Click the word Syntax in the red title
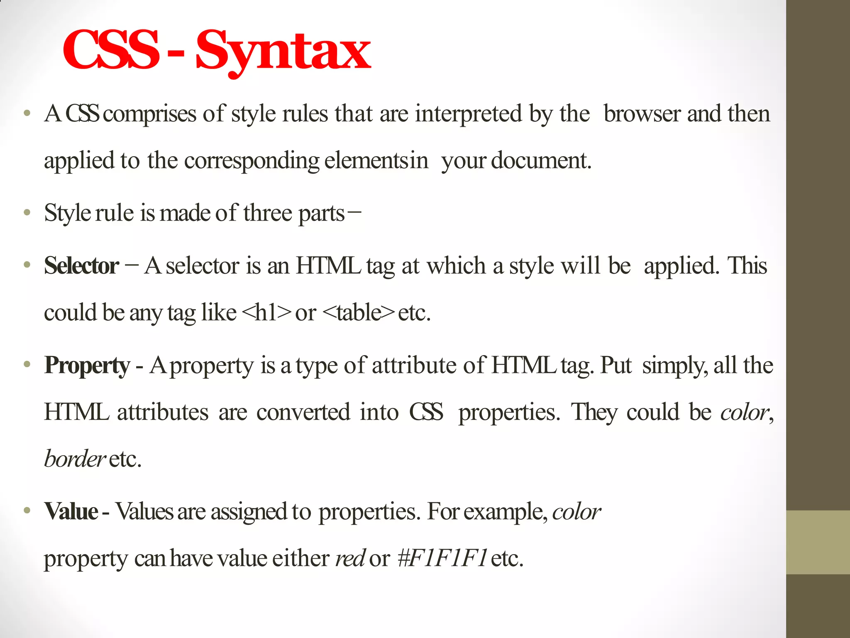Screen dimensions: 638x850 [x=283, y=52]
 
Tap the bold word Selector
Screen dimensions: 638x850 [x=81, y=266]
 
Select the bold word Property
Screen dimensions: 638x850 [x=87, y=366]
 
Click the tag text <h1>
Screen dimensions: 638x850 [x=266, y=313]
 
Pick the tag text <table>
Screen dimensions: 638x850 [x=358, y=313]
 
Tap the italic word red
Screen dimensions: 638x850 [x=350, y=558]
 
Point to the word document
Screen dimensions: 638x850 [x=541, y=161]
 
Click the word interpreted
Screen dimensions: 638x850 [x=468, y=114]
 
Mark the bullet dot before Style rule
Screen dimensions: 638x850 [x=27, y=213]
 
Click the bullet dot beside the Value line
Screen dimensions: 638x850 [x=27, y=510]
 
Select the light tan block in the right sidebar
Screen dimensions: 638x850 [x=818, y=542]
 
